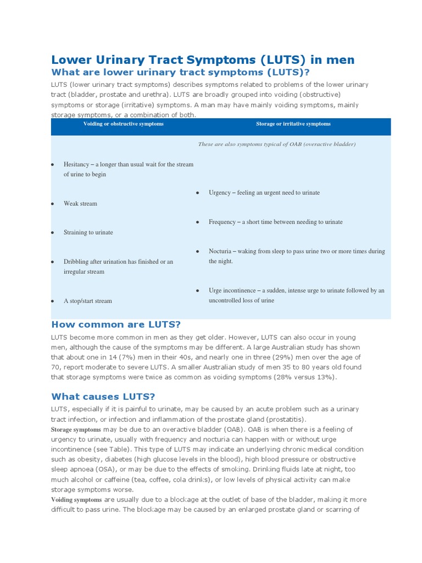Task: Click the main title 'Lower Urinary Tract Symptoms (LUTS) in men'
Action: point(203,59)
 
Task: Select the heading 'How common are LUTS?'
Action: point(116,324)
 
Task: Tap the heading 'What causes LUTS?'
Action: point(103,396)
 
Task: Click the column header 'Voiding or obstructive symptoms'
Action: point(123,124)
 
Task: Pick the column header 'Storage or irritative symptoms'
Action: point(293,124)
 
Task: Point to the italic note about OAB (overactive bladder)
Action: point(276,144)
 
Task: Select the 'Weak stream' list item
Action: point(80,203)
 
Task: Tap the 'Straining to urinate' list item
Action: point(88,233)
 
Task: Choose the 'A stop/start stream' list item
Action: point(87,301)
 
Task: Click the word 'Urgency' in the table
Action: point(220,193)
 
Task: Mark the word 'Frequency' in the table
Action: point(222,222)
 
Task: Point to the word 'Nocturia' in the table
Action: point(221,251)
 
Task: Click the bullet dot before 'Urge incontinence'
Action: point(197,290)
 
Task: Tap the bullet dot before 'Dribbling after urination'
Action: point(52,262)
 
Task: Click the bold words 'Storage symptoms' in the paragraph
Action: point(76,429)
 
